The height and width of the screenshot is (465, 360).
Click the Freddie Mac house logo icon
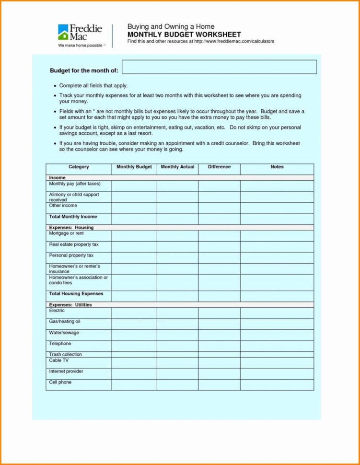click(x=63, y=32)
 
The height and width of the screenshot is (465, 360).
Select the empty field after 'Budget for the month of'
click(x=219, y=67)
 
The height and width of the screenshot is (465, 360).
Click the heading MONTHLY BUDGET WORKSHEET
click(x=184, y=35)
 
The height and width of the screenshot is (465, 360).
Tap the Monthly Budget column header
click(x=134, y=167)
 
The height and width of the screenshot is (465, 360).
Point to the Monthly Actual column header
click(x=177, y=167)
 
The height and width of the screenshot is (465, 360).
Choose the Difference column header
click(x=219, y=167)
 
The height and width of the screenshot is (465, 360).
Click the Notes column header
click(x=277, y=167)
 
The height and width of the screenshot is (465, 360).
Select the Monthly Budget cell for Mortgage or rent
click(x=134, y=236)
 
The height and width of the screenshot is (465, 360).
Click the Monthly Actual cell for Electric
click(x=177, y=313)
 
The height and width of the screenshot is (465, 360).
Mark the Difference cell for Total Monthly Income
click(x=219, y=219)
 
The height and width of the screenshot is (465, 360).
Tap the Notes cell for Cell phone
click(x=277, y=384)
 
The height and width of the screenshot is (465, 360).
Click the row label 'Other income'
click(x=63, y=206)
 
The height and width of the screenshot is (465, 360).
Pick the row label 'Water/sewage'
click(x=64, y=333)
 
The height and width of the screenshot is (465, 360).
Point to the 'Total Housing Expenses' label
click(x=76, y=294)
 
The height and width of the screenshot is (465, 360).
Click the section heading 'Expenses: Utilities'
click(x=70, y=305)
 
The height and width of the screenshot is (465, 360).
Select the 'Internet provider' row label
click(x=66, y=372)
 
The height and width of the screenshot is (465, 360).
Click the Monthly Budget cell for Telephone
click(x=134, y=346)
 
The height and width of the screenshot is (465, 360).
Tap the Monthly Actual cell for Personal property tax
click(x=177, y=258)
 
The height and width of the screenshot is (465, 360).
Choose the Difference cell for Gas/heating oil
click(x=219, y=324)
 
